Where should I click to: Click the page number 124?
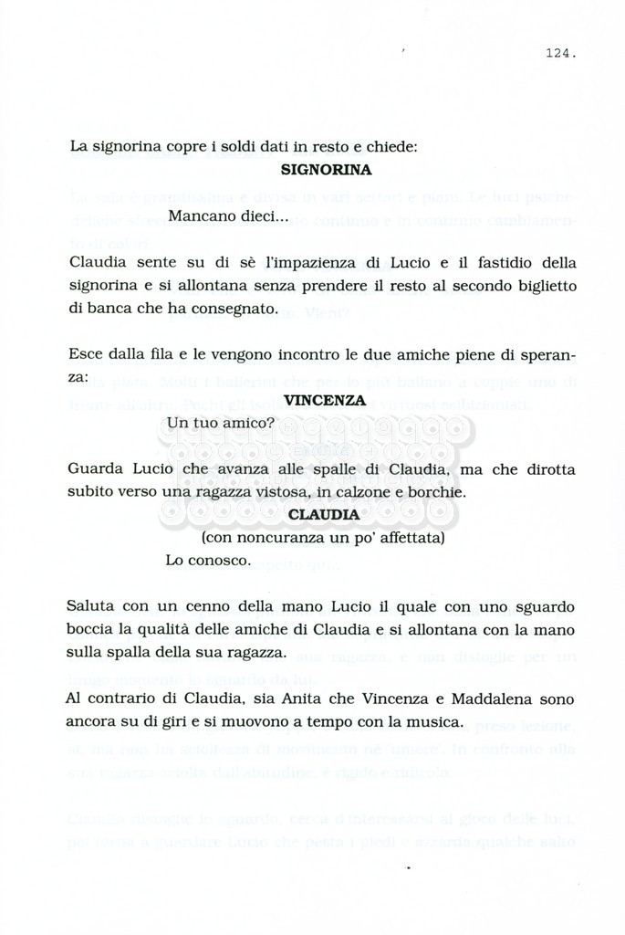click(560, 54)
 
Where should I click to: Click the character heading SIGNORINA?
click(326, 170)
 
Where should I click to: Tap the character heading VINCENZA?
click(325, 400)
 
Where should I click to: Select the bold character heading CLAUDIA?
click(323, 515)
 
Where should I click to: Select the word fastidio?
click(511, 263)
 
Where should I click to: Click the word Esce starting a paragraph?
click(86, 355)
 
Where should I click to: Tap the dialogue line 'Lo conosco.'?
click(208, 561)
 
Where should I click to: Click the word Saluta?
click(92, 607)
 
